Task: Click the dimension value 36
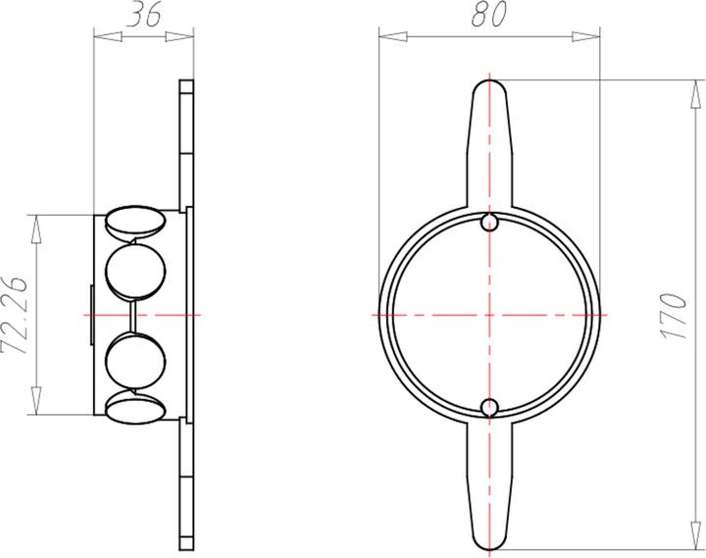(x=144, y=16)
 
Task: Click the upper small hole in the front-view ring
(x=490, y=224)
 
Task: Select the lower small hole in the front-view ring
(x=490, y=406)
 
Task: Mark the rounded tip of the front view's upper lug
(x=490, y=84)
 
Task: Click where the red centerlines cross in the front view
(x=490, y=315)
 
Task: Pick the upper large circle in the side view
(x=134, y=270)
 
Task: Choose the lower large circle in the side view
(x=134, y=360)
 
